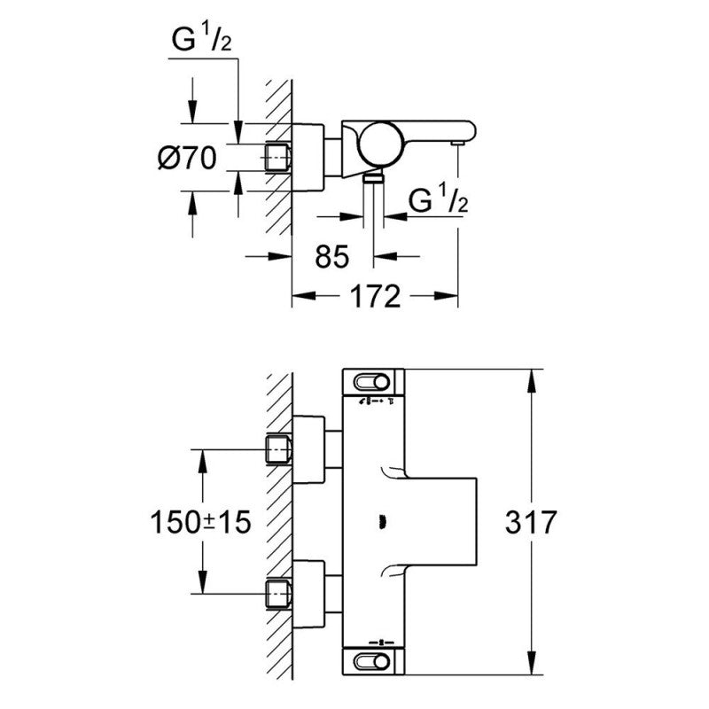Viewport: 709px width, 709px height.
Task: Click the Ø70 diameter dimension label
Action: pos(187,158)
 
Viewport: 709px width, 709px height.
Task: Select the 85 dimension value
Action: pos(333,257)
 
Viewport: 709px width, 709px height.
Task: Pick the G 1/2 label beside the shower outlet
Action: pos(438,203)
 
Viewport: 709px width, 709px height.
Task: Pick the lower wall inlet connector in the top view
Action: pos(279,593)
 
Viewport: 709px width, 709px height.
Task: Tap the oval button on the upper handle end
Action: pos(373,382)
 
